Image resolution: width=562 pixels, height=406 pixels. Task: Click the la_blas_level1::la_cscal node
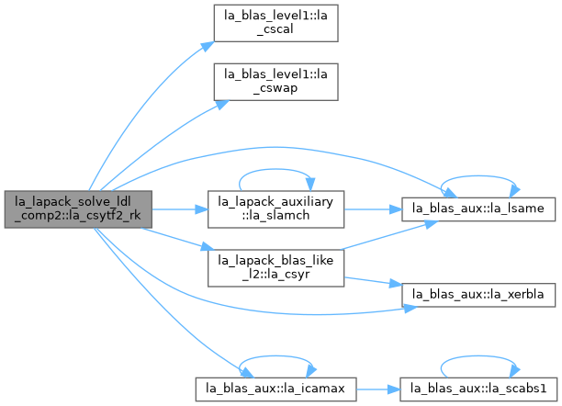tap(276, 23)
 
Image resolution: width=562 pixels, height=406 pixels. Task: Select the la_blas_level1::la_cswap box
tap(276, 82)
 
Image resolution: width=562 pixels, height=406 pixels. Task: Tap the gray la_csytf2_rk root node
tap(78, 209)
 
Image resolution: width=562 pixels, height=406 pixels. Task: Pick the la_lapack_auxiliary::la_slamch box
tap(276, 209)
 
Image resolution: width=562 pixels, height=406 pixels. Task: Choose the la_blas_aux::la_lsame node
tap(478, 209)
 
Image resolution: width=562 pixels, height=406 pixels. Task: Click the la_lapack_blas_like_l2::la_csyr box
tap(276, 268)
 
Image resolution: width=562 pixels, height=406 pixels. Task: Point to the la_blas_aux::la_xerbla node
tap(478, 295)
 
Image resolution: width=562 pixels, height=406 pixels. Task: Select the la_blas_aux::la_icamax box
tap(276, 389)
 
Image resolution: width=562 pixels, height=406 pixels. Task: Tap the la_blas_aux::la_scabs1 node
tap(478, 389)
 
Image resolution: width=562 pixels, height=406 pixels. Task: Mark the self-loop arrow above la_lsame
tap(478, 176)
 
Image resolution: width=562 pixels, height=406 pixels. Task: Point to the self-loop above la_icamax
tap(276, 356)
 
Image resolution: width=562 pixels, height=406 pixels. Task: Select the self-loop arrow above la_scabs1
tap(478, 356)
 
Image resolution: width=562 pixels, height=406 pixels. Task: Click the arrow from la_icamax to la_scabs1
tap(378, 389)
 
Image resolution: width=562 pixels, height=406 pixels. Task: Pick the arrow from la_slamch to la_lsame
tap(373, 209)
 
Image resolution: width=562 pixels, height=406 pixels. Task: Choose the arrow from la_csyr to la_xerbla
tap(373, 282)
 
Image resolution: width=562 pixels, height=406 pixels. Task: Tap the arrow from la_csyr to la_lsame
tap(388, 235)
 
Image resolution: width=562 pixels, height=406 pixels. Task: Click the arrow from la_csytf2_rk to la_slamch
tap(180, 209)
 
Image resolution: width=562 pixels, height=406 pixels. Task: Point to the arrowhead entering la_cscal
tap(208, 46)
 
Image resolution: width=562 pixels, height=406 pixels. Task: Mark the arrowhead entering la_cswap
tap(222, 105)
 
